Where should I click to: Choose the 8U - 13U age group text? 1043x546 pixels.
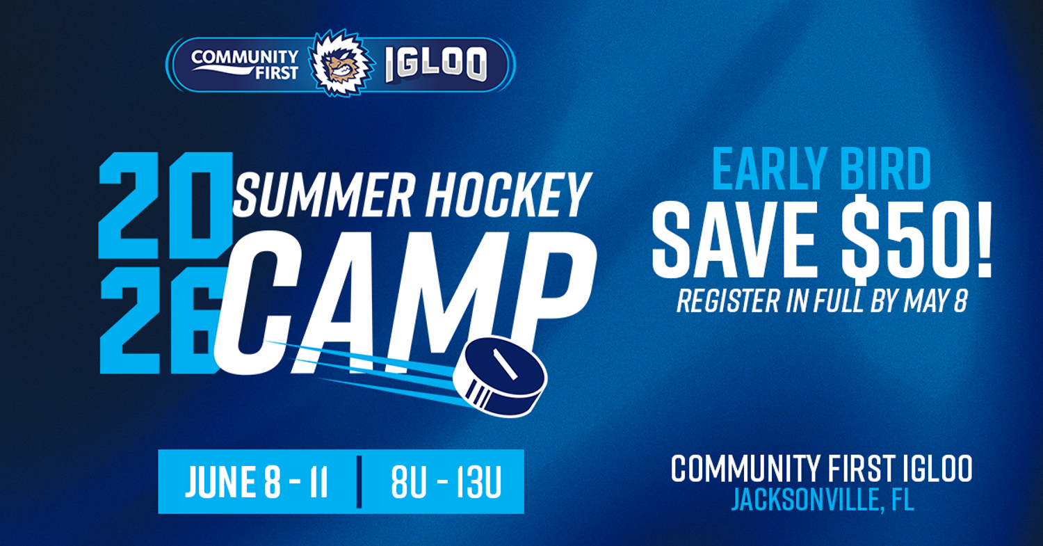446,482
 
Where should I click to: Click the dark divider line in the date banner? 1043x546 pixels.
359,481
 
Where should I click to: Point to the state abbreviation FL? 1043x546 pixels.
901,499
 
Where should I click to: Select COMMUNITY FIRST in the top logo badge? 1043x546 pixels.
245,64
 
